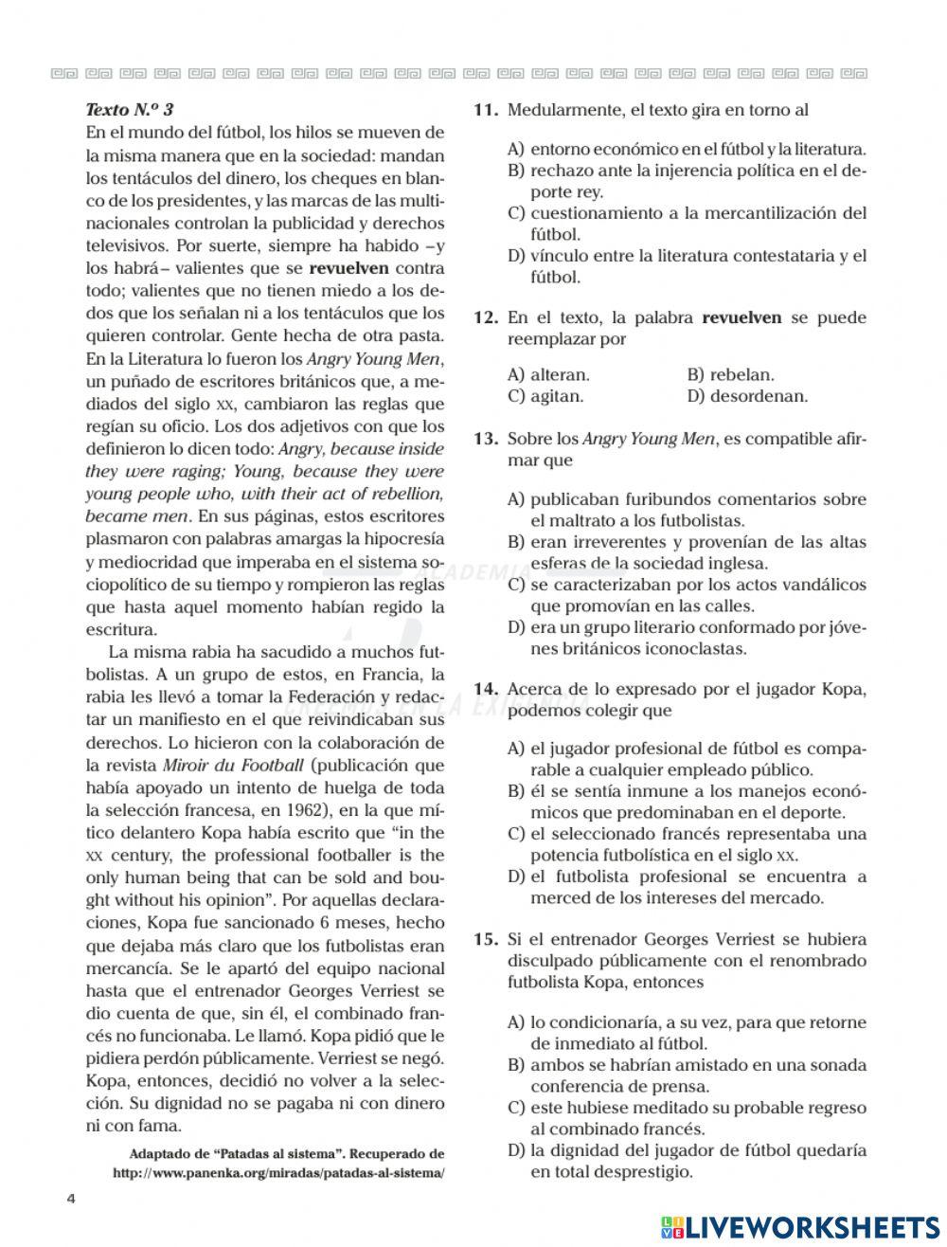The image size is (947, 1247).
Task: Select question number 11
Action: pyautogui.click(x=485, y=110)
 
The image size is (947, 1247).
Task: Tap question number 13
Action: pyautogui.click(x=485, y=439)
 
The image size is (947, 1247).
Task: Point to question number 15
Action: pyautogui.click(x=485, y=940)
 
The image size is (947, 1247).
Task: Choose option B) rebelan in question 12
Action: pyautogui.click(x=730, y=374)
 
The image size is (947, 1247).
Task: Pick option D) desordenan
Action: pyautogui.click(x=747, y=396)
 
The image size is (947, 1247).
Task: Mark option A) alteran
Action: pyautogui.click(x=548, y=374)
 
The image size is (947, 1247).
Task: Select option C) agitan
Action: pyautogui.click(x=545, y=396)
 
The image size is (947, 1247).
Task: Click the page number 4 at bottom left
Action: pyautogui.click(x=70, y=1198)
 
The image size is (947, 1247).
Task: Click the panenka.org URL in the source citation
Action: pyautogui.click(x=277, y=1172)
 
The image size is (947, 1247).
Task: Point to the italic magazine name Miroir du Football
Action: pyautogui.click(x=233, y=766)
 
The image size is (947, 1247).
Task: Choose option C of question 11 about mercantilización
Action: pyautogui.click(x=687, y=224)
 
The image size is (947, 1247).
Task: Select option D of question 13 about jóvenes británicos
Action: pyautogui.click(x=687, y=638)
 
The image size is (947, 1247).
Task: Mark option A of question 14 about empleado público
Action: pyautogui.click(x=687, y=759)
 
